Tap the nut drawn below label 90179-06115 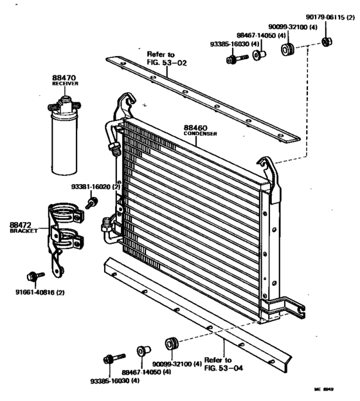coord(326,43)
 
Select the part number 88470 coord(64,77)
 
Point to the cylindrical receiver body coord(66,145)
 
